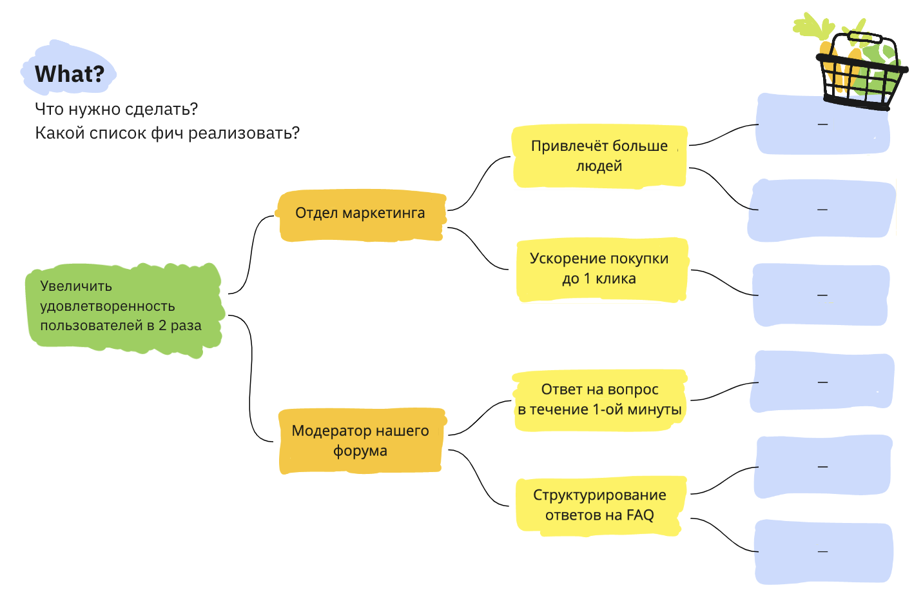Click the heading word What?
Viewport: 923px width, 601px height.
[x=69, y=74]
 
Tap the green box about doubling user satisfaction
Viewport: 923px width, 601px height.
[x=122, y=306]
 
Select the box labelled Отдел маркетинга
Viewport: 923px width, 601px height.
[x=360, y=213]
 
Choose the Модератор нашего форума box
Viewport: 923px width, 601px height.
[x=360, y=440]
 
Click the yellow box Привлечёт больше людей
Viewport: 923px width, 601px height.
[x=599, y=156]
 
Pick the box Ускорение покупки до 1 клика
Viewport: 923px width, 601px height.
[x=599, y=269]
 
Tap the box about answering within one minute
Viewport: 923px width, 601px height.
[x=599, y=400]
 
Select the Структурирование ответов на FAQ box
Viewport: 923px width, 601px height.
[x=599, y=505]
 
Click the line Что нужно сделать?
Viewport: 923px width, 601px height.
[x=116, y=109]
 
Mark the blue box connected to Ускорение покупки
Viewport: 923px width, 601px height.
[x=821, y=295]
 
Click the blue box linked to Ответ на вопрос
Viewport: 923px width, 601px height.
[x=822, y=382]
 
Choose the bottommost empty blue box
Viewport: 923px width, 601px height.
[x=823, y=552]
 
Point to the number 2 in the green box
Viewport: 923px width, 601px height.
[x=162, y=326]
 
